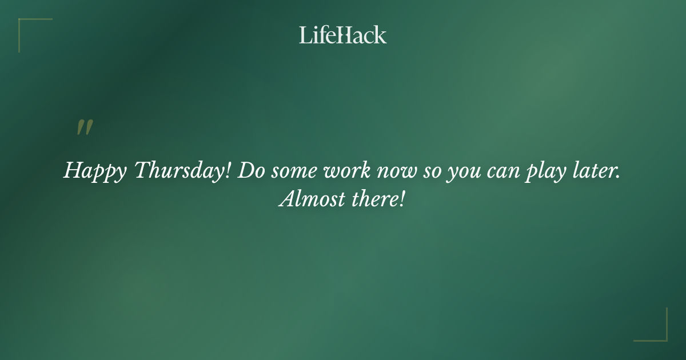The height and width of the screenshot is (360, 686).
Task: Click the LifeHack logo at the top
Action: pos(343,35)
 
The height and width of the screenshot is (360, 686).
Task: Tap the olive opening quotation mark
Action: pos(85,128)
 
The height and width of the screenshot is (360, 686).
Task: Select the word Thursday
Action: pos(178,170)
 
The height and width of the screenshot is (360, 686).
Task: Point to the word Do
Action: pos(249,170)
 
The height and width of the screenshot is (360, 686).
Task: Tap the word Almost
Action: pos(312,199)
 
